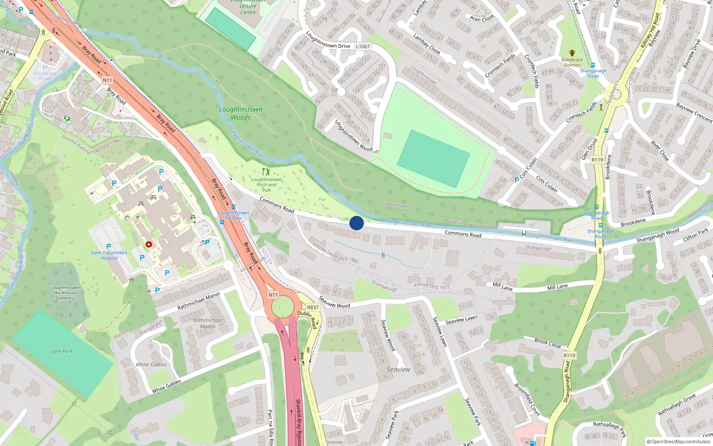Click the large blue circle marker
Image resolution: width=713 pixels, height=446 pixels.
pyautogui.click(x=356, y=223)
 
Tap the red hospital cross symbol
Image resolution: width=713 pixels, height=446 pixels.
pyautogui.click(x=149, y=244)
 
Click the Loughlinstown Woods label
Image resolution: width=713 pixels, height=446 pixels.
pyautogui.click(x=241, y=113)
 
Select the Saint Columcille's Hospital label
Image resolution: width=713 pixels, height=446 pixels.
pyautogui.click(x=109, y=255)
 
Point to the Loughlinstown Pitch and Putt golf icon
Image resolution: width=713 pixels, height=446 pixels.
pyautogui.click(x=266, y=172)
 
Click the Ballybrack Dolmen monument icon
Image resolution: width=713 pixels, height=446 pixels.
pyautogui.click(x=572, y=53)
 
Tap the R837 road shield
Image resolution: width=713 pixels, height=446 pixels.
pyautogui.click(x=313, y=307)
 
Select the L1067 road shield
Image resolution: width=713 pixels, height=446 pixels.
pyautogui.click(x=363, y=46)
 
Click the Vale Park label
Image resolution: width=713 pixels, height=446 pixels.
pyautogui.click(x=62, y=351)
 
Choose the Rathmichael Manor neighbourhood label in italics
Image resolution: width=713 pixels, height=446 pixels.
pyautogui.click(x=208, y=323)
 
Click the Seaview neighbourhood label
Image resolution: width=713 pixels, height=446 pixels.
pyautogui.click(x=398, y=369)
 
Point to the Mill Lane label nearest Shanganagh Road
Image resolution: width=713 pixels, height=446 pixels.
pyautogui.click(x=557, y=287)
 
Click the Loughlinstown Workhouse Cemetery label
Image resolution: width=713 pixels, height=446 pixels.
pyautogui.click(x=65, y=293)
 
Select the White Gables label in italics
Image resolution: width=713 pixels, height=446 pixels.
pyautogui.click(x=151, y=364)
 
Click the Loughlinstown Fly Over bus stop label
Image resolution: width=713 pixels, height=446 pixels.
pyautogui.click(x=234, y=215)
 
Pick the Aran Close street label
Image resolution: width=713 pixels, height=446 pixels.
pyautogui.click(x=482, y=18)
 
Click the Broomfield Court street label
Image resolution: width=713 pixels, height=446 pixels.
pyautogui.click(x=527, y=400)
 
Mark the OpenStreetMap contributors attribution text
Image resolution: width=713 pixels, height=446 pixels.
pyautogui.click(x=679, y=442)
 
